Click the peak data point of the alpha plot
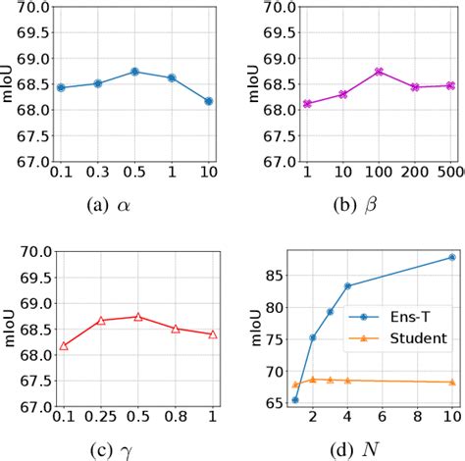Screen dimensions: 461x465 [135, 72]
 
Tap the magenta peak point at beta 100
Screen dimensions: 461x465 [378, 72]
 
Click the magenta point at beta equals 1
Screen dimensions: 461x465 [306, 103]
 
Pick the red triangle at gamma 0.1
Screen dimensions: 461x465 [64, 345]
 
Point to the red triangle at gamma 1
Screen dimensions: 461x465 [212, 334]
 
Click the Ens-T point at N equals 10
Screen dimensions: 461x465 [451, 257]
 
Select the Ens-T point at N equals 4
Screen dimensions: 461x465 [347, 286]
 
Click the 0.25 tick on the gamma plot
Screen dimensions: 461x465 [99, 419]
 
